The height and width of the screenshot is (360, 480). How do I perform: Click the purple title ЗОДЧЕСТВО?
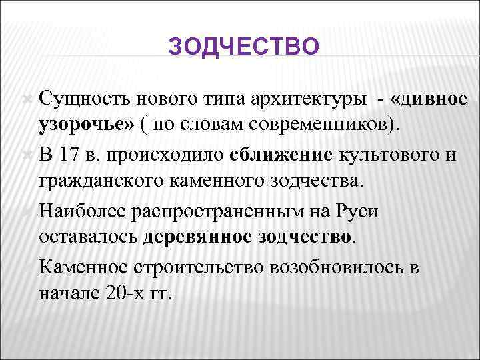pos(244,47)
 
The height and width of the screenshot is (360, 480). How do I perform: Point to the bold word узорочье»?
pos(87,126)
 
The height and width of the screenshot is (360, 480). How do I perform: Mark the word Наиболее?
pos(82,211)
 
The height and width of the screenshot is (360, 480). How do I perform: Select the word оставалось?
pos(88,237)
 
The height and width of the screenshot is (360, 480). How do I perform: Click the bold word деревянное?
pos(195,237)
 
